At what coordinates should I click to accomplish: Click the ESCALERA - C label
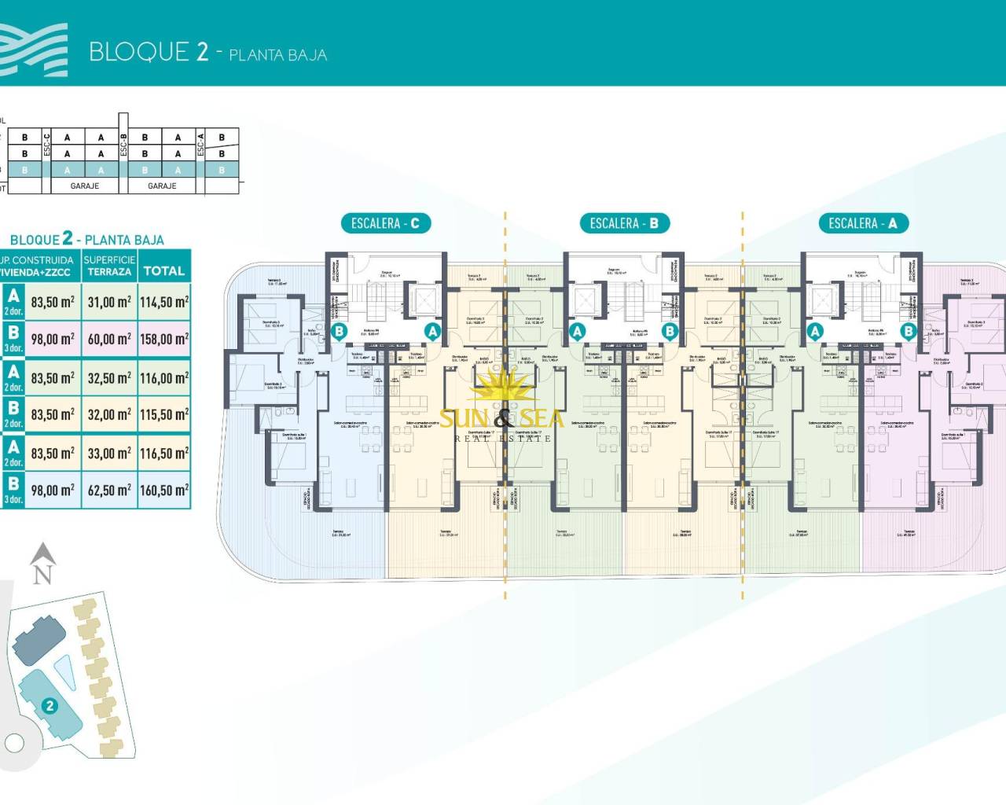point(385,223)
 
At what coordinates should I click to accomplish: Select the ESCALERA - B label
point(624,223)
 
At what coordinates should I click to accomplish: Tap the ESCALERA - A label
point(862,223)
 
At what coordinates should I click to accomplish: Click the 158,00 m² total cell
point(163,339)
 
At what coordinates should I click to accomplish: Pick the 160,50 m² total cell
point(163,490)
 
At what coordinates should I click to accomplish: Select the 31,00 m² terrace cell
point(109,302)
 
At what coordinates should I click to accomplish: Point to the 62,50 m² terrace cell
point(109,490)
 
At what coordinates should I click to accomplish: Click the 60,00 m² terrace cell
point(109,339)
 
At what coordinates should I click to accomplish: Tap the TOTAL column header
point(163,270)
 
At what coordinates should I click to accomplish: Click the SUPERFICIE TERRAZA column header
point(109,266)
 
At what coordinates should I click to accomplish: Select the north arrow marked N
point(42,564)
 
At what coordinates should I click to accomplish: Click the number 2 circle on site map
point(50,705)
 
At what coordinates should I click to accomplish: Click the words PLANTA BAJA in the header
point(277,55)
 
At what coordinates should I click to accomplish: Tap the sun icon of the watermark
point(501,391)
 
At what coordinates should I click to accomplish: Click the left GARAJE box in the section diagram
point(85,186)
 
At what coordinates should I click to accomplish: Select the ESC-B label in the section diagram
point(123,145)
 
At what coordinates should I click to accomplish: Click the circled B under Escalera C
point(340,332)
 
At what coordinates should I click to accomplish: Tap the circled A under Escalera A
point(815,332)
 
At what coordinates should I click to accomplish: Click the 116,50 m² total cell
point(163,453)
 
